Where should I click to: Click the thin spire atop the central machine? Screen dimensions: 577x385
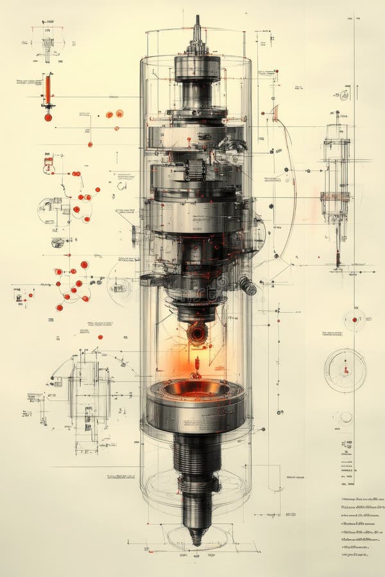(x=197, y=29)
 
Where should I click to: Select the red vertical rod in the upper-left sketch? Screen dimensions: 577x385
(x=47, y=90)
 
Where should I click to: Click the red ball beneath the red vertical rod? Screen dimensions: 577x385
(x=48, y=117)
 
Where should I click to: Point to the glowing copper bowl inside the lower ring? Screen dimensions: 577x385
(x=196, y=389)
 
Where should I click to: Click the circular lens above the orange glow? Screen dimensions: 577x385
(x=197, y=333)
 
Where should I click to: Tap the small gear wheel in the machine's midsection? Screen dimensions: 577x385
(x=195, y=170)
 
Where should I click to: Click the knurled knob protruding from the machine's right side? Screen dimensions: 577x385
(x=248, y=286)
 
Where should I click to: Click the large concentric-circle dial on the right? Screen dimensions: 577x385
(x=345, y=370)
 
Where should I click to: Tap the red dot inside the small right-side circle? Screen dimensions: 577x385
(x=354, y=319)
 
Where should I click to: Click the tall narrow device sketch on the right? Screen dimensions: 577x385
(x=336, y=180)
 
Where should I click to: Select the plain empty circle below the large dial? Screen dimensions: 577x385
(x=346, y=417)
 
